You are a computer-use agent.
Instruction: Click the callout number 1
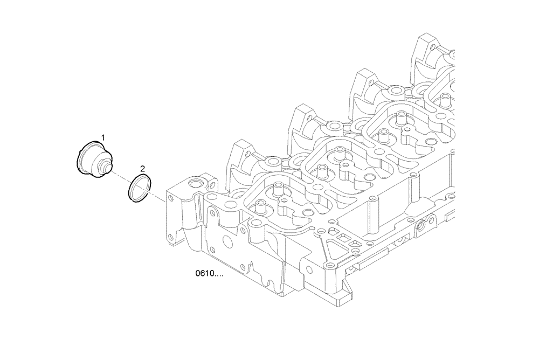click(103, 138)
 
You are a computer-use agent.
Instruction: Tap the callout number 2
click(142, 168)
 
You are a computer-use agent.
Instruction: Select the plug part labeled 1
click(92, 158)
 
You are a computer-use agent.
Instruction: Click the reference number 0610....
click(209, 274)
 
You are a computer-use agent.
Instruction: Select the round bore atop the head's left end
click(195, 184)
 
